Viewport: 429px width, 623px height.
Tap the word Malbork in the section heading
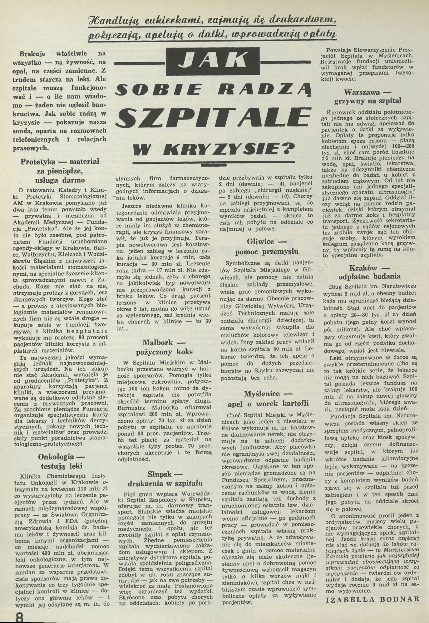161,342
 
